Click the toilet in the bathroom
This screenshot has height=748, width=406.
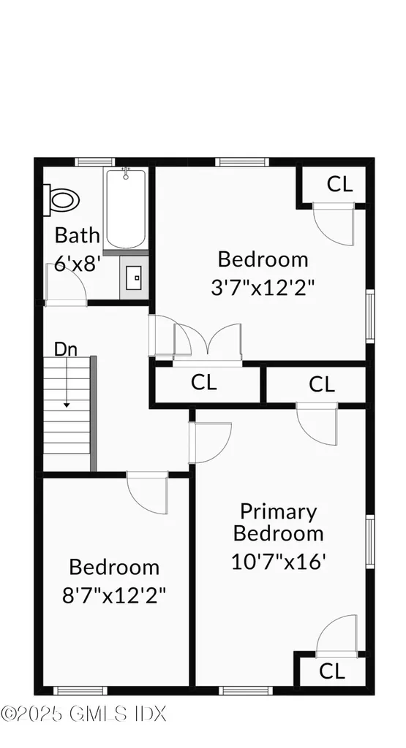point(62,199)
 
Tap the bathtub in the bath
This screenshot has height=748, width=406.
point(126,208)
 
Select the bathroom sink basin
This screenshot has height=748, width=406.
point(134,278)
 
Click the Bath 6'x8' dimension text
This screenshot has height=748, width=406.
point(77,250)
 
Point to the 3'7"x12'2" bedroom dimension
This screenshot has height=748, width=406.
point(263,288)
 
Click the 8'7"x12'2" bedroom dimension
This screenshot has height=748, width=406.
point(114,595)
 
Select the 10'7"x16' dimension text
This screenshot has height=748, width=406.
point(279,561)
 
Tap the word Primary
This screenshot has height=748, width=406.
point(279,512)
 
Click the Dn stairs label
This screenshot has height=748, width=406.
point(65,349)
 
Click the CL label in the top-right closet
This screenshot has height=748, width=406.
point(339,184)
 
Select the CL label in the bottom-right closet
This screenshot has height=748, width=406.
point(331,672)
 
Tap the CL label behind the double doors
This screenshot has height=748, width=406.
point(203,382)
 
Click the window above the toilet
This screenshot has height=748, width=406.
point(95,162)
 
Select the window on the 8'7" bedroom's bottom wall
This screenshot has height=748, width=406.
point(80,690)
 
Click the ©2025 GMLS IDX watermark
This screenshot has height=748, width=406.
point(83,714)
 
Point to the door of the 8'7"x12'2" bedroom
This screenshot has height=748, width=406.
point(148,493)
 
